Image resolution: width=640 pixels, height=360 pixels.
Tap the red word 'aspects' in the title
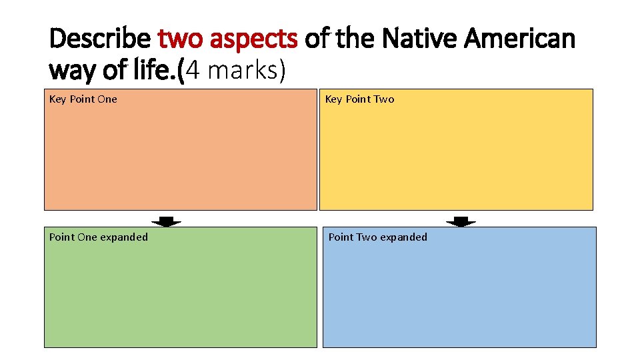tap(254, 40)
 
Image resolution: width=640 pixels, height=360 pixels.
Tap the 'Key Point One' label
tap(83, 99)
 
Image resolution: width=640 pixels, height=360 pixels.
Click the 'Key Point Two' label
tap(359, 99)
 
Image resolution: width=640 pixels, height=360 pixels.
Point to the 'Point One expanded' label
tap(99, 237)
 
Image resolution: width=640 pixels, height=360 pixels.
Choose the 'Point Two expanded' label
tap(378, 237)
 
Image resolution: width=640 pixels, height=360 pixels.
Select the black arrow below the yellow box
tap(461, 221)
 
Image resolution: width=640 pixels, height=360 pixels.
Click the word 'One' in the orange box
tap(107, 99)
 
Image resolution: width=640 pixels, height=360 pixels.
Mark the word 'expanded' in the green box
tap(124, 237)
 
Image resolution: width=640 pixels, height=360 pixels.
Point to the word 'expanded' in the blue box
tap(403, 237)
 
